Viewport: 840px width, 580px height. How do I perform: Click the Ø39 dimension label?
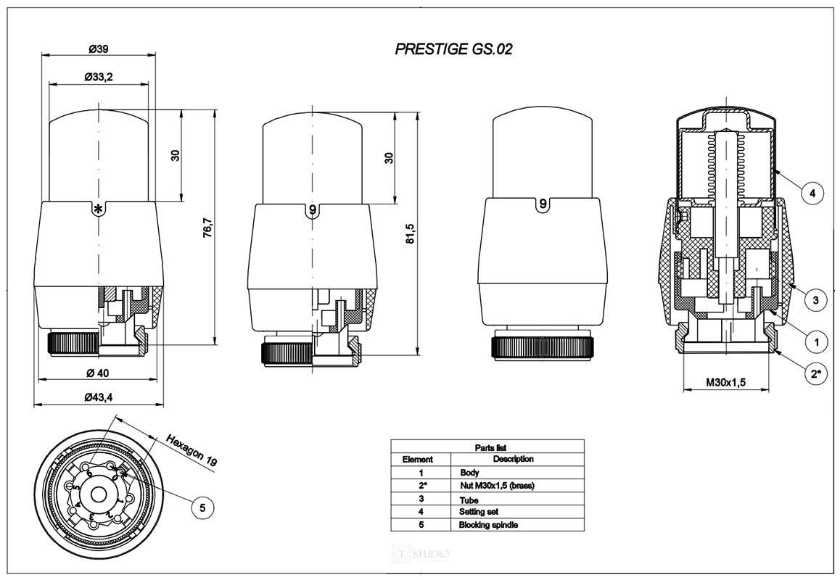coord(99,49)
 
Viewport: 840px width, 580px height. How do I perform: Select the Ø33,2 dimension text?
coord(98,77)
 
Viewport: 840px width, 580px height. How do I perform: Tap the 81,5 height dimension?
coord(410,233)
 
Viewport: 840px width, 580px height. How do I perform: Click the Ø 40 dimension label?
coord(99,373)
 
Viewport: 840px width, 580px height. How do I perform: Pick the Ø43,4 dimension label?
coord(99,397)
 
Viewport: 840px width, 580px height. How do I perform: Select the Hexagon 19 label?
coord(191,449)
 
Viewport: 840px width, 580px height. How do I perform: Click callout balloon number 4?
coord(812,194)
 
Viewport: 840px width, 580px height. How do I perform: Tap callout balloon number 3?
coord(815,299)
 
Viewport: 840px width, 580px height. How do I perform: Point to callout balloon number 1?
coord(817,340)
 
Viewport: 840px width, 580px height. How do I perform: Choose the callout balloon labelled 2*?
coord(816,374)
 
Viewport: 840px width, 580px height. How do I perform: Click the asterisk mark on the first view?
coord(98,209)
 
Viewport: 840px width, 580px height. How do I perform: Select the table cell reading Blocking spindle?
coord(489,525)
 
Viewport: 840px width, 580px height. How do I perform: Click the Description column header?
coord(513,459)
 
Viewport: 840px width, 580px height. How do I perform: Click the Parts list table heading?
coord(487,447)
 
